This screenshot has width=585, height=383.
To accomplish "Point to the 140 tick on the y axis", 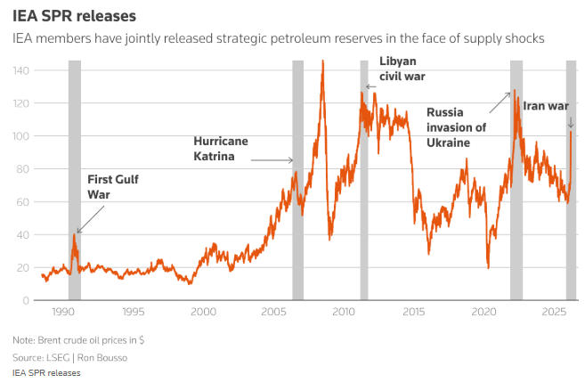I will [x=20, y=69].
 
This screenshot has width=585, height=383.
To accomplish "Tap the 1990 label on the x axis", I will [x=63, y=312].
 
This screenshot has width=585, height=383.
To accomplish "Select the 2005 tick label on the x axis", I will [x=274, y=312].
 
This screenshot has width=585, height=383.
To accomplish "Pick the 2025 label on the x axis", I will [x=554, y=312].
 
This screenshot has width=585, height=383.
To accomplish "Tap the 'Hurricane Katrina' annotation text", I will [x=220, y=148].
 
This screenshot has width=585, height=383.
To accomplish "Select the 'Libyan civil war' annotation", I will [x=403, y=68].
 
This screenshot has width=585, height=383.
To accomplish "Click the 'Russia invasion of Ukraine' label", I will [x=457, y=126].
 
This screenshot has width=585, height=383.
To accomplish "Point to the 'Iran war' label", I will [x=545, y=105].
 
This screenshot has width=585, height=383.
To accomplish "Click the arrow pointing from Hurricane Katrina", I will [x=272, y=160].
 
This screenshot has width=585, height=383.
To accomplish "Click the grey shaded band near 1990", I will [x=75, y=178].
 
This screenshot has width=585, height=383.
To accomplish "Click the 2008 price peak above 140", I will [x=322, y=62].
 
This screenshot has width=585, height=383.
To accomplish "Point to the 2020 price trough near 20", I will [x=488, y=265].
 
